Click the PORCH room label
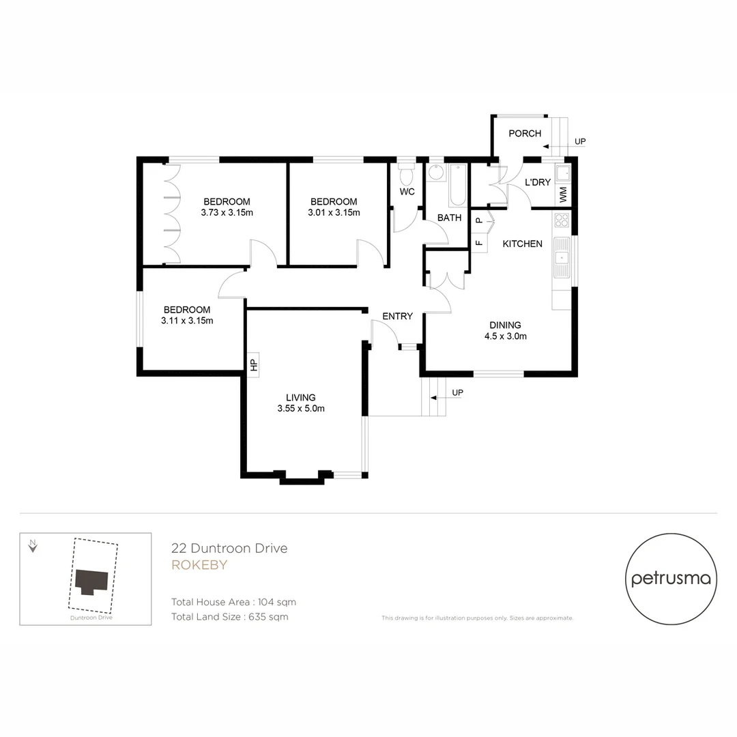(525, 133)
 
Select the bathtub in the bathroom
(457, 185)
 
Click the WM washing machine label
(563, 194)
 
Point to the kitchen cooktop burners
(562, 220)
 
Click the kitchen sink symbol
(562, 258)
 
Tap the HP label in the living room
(253, 365)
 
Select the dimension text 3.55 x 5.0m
(301, 409)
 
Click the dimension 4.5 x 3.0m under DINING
(505, 336)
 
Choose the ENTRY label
(397, 316)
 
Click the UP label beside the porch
(581, 142)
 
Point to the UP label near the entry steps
(458, 393)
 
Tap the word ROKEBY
(199, 565)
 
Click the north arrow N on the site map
(32, 545)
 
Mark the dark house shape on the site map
(90, 581)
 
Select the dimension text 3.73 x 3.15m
(227, 212)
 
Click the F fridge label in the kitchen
(478, 242)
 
